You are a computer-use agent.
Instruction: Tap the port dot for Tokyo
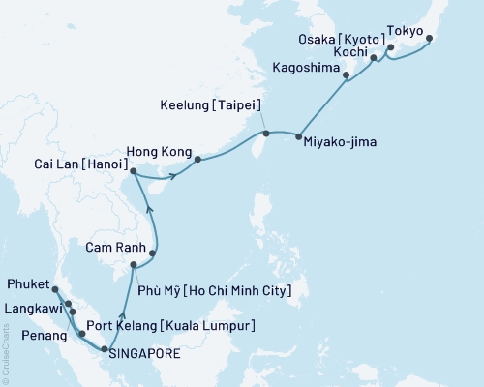coord(429,40)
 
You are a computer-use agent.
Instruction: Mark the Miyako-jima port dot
coord(297,135)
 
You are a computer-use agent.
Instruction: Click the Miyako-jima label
coord(340,142)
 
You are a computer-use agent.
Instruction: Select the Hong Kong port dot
coord(197,160)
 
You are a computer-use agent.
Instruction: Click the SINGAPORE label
coord(144,354)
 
